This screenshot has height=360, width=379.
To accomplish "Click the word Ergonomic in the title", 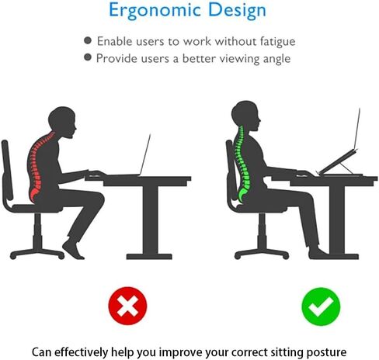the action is pos(155,11).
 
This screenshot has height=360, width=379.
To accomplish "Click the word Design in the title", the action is pos(237,10).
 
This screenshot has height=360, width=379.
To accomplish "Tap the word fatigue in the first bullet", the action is pos(277,42).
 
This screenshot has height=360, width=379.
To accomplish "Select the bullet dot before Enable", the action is pos(88,40).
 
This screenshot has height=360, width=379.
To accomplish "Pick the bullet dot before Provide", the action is pos(88,57).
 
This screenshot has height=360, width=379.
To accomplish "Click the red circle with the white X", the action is pos(127,306).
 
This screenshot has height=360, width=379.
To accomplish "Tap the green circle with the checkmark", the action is pos(321,306).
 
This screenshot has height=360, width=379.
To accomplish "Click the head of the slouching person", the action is pos(63,122).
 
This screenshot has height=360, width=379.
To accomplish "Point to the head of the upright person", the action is pos(245,116).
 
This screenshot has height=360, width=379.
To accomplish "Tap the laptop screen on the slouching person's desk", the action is pos(144,154).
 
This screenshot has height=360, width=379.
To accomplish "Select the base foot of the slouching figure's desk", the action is pos(149,256).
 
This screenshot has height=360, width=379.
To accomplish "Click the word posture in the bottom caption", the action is pos(326,352).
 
